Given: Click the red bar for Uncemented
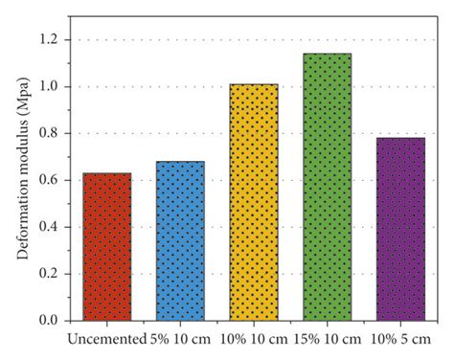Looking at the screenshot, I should (x=106, y=247).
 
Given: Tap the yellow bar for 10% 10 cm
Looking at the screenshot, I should (x=254, y=202).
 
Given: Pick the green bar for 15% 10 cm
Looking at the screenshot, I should (x=327, y=187).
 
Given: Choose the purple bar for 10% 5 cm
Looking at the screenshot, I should (x=400, y=230).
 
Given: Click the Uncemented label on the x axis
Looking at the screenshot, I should (x=106, y=340).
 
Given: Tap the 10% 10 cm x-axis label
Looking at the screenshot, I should (x=255, y=340).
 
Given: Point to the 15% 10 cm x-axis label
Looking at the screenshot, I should (x=328, y=340).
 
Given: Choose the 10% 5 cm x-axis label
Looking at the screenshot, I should (x=401, y=340).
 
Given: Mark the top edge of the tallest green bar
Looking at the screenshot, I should (x=327, y=54).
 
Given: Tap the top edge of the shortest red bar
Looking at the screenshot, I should (x=106, y=173).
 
